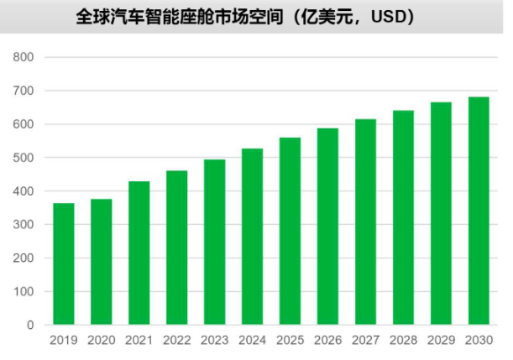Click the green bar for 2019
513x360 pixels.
(64, 263)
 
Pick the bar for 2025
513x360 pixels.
(291, 231)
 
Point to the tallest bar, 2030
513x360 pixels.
(479, 211)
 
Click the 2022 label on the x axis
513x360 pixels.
(177, 341)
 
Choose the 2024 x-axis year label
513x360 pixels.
(253, 341)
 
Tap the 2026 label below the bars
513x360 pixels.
(328, 341)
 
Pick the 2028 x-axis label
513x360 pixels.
(403, 341)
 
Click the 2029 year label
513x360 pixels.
(441, 341)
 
